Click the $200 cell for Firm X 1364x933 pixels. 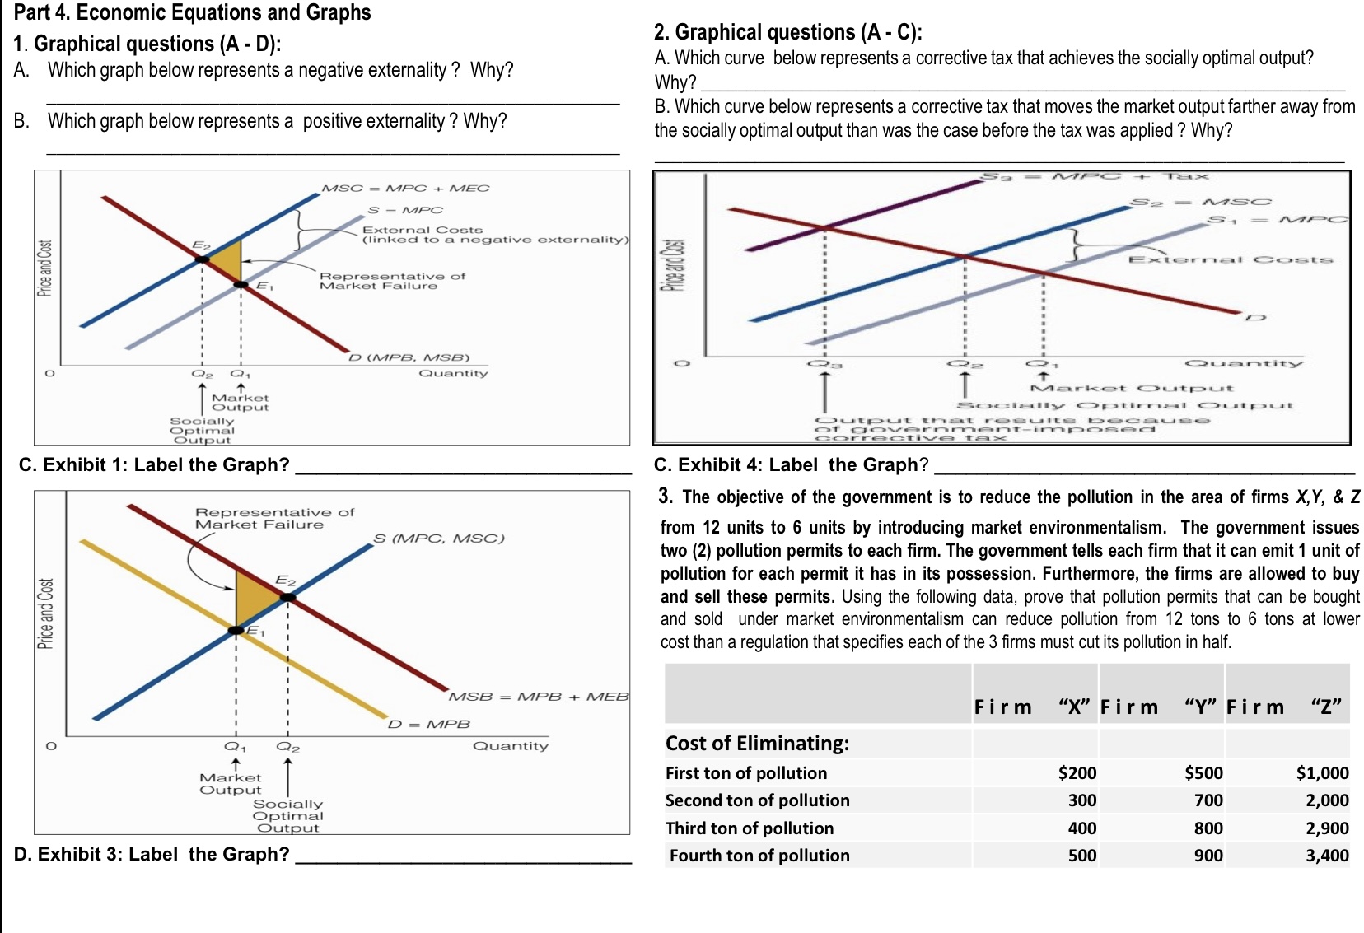1077,772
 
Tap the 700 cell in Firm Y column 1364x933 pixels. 1208,800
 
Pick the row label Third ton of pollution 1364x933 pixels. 749,828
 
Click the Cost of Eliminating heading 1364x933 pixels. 757,743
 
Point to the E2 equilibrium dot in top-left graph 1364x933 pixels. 201,259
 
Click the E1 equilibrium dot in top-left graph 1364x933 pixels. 241,285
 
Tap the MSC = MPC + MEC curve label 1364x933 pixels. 405,188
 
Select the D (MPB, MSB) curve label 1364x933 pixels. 409,357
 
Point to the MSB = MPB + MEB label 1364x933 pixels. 538,697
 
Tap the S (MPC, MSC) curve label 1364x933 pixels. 438,538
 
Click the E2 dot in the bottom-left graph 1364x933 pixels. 287,597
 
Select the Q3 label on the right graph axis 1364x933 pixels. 824,363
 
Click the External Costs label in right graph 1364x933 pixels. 1230,259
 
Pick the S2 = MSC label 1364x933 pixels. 1200,202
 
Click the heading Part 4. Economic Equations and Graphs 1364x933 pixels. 193,12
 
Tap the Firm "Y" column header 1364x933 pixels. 1159,707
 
